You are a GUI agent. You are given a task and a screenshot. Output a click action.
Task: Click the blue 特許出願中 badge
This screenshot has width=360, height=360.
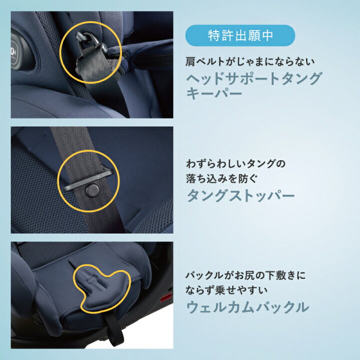pos(240,35)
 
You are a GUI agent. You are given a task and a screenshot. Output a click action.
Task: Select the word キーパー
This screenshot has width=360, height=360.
pos(214,93)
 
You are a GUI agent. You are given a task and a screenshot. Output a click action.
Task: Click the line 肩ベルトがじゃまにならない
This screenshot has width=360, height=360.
pos(250,61)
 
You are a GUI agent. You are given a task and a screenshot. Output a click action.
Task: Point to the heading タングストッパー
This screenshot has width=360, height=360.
pos(240,196)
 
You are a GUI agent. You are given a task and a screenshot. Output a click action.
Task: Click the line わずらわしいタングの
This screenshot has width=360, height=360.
pos(235,164)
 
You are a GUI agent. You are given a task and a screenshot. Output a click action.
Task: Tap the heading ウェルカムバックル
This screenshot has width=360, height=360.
pos(247,307)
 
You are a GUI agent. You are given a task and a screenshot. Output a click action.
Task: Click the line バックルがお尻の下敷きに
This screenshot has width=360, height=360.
pos(245,275)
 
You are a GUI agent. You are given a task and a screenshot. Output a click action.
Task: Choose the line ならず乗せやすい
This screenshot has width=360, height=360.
pos(226,290)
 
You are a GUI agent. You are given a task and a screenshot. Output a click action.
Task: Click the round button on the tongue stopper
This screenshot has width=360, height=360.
pos(92,190)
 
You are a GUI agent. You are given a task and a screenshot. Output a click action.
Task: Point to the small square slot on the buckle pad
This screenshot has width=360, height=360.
pos(93,279)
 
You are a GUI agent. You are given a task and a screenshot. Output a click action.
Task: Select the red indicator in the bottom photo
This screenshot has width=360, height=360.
pos(166,298)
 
